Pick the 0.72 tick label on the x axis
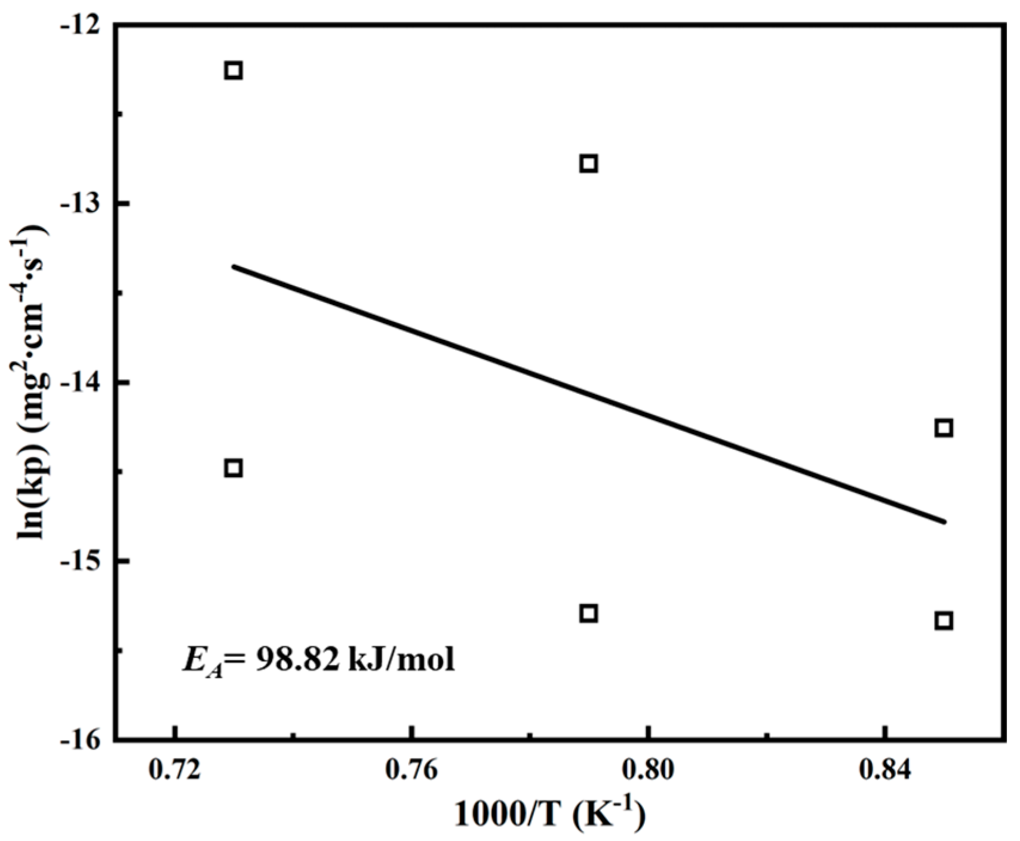174,771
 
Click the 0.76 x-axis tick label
411,771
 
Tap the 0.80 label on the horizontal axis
647,771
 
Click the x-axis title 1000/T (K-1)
549,816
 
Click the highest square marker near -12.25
234,70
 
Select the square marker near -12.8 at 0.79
588,164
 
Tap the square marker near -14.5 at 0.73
234,468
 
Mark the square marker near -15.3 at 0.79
588,613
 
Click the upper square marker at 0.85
943,428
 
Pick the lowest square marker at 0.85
943,621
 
